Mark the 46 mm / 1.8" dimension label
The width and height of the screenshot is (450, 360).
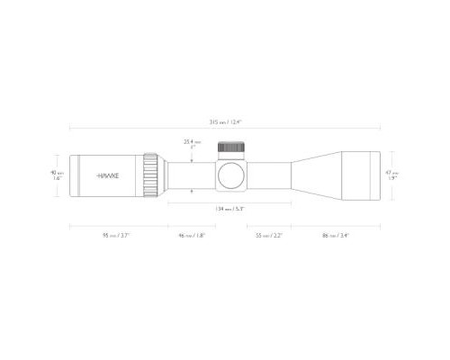(191, 235)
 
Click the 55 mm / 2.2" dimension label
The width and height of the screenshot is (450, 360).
(268, 235)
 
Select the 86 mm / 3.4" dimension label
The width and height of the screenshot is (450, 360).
(334, 235)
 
